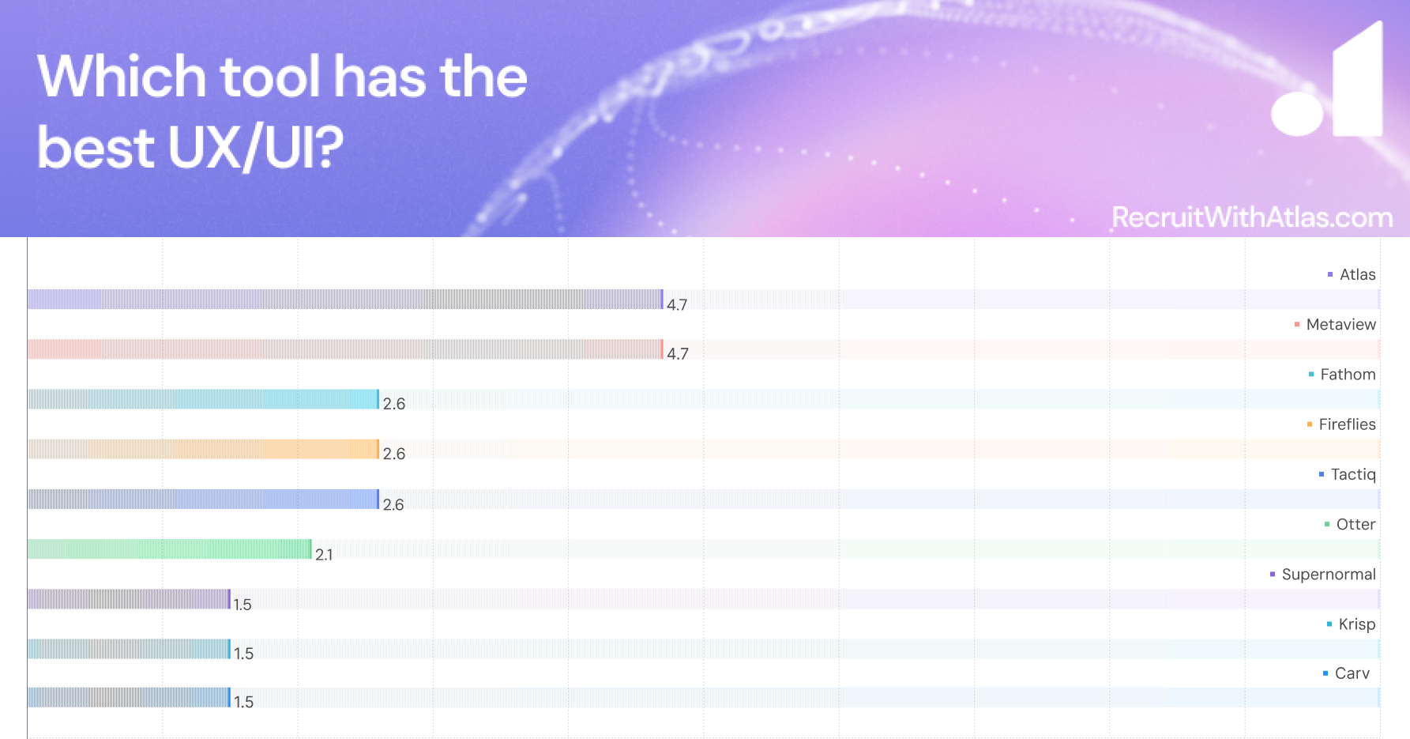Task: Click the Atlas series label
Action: pyautogui.click(x=1357, y=274)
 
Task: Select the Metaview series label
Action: pyautogui.click(x=1340, y=324)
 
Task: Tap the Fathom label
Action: pyautogui.click(x=1348, y=374)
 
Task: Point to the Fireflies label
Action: pyautogui.click(x=1347, y=424)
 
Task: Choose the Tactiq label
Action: pyautogui.click(x=1352, y=474)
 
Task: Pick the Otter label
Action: pyautogui.click(x=1355, y=524)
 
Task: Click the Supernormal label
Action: pyautogui.click(x=1328, y=575)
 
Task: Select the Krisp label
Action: pyautogui.click(x=1356, y=624)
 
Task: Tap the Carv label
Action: pyautogui.click(x=1352, y=673)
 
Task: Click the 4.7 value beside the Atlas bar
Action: pyautogui.click(x=677, y=305)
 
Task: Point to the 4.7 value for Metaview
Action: pyautogui.click(x=678, y=354)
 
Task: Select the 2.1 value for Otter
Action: pyautogui.click(x=324, y=555)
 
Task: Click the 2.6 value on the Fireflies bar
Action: pyautogui.click(x=393, y=454)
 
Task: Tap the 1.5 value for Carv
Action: pyautogui.click(x=243, y=702)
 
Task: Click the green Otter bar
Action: pyautogui.click(x=169, y=549)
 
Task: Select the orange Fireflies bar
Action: pyautogui.click(x=203, y=449)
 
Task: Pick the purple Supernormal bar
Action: pyautogui.click(x=129, y=599)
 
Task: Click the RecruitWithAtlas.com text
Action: pyautogui.click(x=1252, y=217)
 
